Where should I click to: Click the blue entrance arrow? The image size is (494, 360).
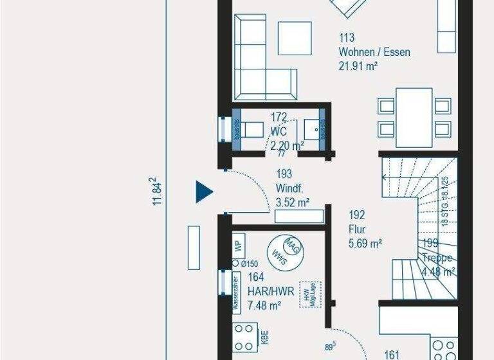(205, 191)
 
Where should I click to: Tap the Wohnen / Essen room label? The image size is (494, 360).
(374, 52)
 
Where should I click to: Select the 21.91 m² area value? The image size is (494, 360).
(358, 66)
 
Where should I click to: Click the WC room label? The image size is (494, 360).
(278, 131)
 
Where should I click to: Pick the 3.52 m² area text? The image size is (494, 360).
(292, 203)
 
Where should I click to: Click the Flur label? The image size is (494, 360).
(358, 229)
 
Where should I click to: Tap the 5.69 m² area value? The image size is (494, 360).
(365, 243)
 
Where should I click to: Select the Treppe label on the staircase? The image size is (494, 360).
(439, 258)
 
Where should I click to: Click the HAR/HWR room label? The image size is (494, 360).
(271, 291)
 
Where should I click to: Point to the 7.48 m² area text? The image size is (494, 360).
(264, 305)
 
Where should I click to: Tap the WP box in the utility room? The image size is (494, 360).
(237, 246)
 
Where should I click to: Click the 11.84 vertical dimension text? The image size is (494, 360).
(156, 192)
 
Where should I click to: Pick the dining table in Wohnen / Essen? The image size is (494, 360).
(414, 117)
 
